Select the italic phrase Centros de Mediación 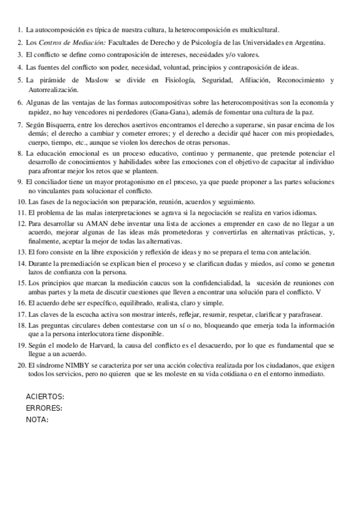[72, 43]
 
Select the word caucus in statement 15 [156, 282]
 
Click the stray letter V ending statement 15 [319, 291]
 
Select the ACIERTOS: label [45, 396]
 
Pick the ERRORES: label [44, 408]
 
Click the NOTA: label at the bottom [37, 419]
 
